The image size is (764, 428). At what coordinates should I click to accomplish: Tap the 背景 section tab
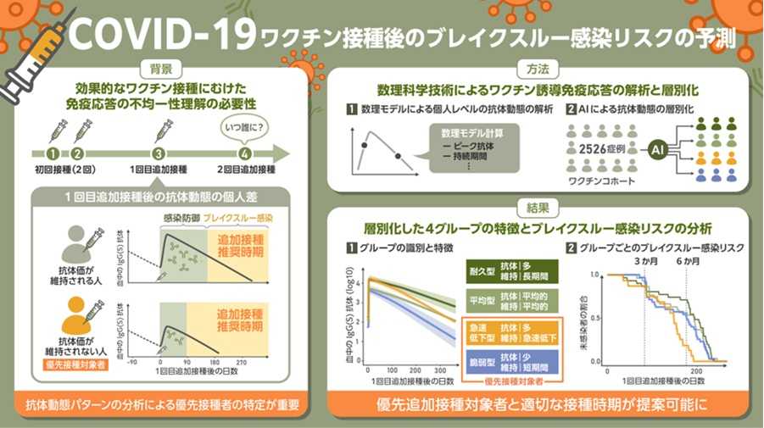(x=161, y=69)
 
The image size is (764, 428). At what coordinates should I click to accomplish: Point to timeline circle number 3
(x=159, y=154)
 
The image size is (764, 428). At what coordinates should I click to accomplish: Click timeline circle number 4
(x=244, y=154)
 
